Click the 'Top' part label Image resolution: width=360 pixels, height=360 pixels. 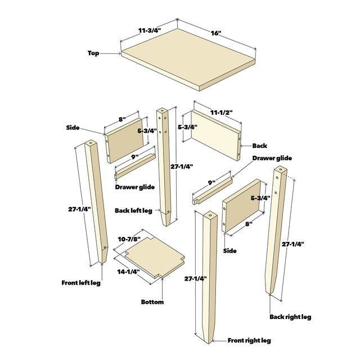(93, 53)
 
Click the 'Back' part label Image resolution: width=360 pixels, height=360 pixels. (259, 145)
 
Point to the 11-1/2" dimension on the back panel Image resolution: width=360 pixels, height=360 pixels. (219, 112)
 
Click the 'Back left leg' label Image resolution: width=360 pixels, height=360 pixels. (133, 210)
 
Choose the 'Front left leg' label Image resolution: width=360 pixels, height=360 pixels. (81, 282)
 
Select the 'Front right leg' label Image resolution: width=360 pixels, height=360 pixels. (249, 340)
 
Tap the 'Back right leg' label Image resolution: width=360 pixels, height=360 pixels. (290, 317)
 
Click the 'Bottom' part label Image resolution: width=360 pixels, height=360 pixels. (152, 302)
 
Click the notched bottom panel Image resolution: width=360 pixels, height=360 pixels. (152, 256)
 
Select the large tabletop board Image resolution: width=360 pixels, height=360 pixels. (188, 65)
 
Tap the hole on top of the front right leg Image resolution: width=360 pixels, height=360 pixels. (209, 215)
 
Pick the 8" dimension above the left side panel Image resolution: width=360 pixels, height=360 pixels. (121, 119)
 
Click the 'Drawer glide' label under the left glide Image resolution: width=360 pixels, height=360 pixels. (135, 187)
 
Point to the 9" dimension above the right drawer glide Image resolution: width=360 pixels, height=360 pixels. (211, 182)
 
